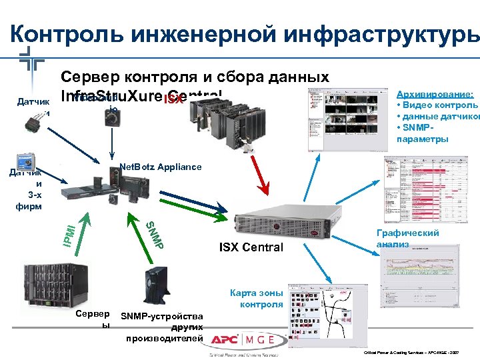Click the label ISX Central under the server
click(x=250, y=248)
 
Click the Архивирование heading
click(x=435, y=95)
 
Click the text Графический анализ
click(x=407, y=239)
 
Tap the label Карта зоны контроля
click(x=257, y=299)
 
